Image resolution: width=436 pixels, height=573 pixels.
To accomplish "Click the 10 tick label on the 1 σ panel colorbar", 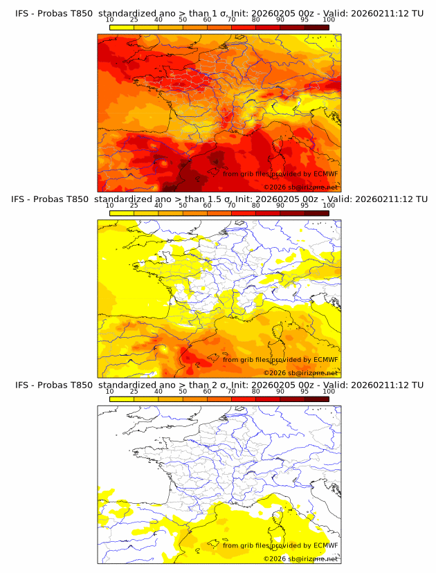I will click(110, 19).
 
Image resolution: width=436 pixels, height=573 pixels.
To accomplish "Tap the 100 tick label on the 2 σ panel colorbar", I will click(329, 391).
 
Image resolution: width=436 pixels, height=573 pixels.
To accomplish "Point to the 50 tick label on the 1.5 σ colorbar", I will click(183, 205).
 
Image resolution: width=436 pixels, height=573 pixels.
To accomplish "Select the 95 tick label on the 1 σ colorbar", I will click(305, 19).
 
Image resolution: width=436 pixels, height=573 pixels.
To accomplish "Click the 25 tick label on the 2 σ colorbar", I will click(134, 391).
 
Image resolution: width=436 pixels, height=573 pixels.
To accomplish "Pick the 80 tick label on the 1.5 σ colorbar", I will click(256, 205).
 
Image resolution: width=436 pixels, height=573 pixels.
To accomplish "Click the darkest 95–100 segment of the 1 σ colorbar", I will click(316, 27).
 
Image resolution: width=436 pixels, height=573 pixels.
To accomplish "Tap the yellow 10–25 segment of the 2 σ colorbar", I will click(122, 399).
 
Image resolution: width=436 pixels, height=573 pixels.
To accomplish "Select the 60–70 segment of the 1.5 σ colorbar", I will click(219, 212).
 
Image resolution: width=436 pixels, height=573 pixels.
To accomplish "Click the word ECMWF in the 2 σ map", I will click(326, 545).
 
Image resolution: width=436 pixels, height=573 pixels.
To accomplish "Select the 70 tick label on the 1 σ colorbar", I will click(231, 19).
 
